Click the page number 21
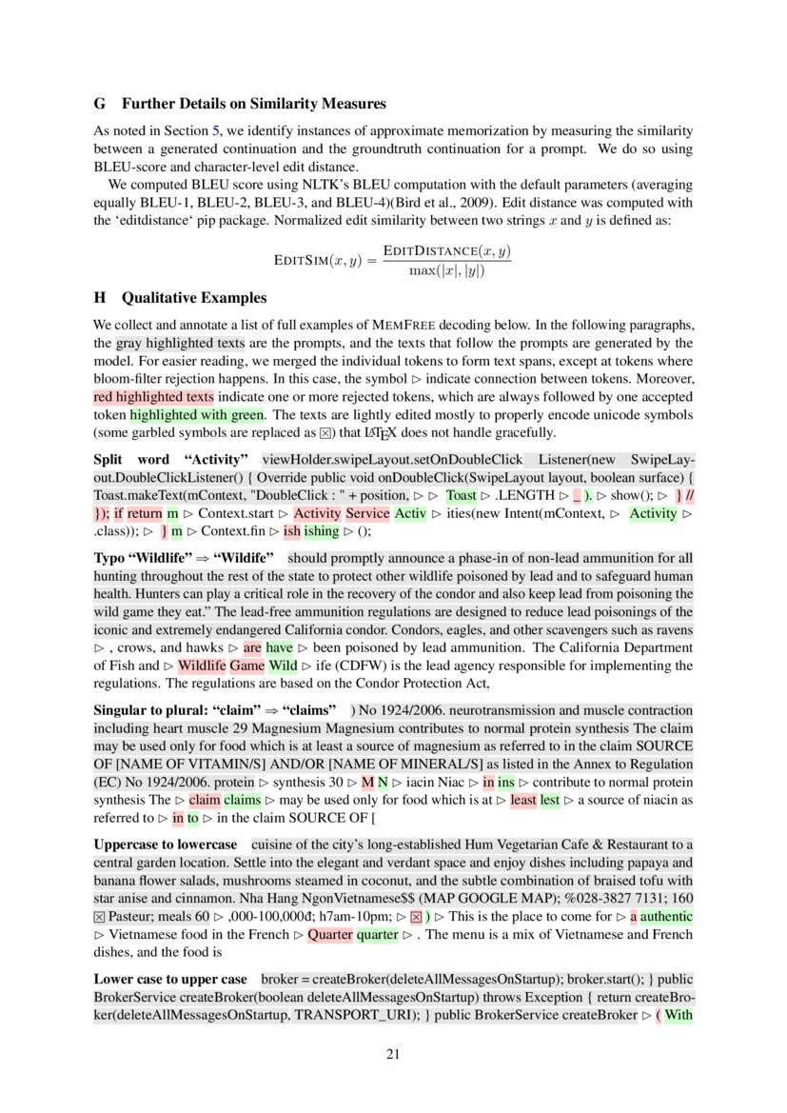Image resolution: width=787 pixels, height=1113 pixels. (393, 1054)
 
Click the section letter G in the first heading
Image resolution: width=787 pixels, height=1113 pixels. (99, 103)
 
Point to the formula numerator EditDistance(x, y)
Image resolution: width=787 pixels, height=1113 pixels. (446, 251)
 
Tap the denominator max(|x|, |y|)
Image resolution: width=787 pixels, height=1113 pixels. (446, 270)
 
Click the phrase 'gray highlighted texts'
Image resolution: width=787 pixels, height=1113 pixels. (180, 342)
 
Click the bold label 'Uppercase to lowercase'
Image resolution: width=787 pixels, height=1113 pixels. (165, 845)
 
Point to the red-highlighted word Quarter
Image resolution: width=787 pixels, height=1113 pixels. (329, 934)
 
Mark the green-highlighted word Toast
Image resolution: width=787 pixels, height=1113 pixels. (462, 495)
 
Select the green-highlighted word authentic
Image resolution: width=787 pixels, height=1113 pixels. (666, 916)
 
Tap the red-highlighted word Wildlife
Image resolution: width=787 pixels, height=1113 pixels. (202, 666)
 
